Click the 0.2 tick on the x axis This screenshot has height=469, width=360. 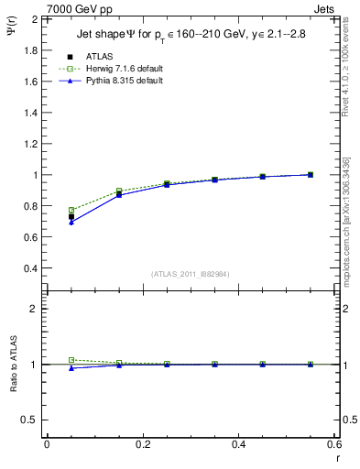coord(142,446)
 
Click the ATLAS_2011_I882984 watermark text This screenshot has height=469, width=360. coord(190,275)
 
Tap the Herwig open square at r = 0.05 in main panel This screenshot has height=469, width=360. coord(71,210)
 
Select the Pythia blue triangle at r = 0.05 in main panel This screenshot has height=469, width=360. coord(71,223)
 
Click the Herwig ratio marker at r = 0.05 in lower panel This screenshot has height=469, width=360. coord(71,360)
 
